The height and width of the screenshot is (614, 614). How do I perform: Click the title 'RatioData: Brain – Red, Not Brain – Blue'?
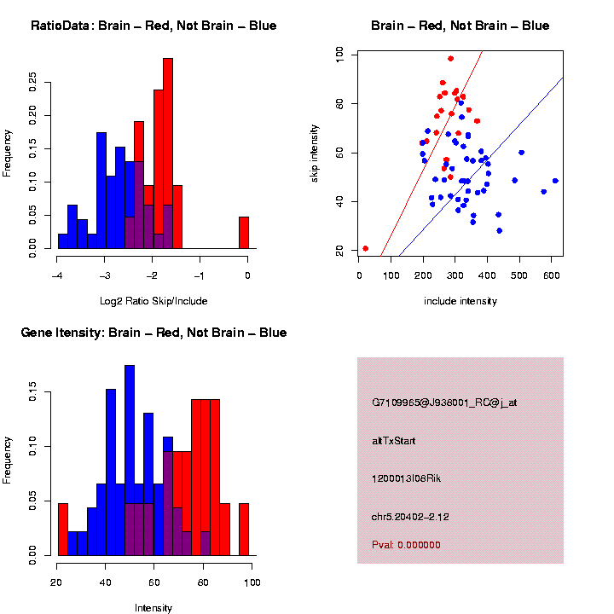click(x=153, y=26)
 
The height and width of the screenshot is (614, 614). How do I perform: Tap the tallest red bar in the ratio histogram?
click(x=168, y=153)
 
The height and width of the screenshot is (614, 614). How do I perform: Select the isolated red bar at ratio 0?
click(x=244, y=233)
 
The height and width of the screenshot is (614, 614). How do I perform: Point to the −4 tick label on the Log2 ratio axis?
click(x=57, y=275)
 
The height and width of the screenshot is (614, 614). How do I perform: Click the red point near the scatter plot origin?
click(x=366, y=248)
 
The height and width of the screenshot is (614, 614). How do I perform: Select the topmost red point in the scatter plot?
click(x=451, y=59)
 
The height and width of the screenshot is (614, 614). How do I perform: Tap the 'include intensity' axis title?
click(x=460, y=301)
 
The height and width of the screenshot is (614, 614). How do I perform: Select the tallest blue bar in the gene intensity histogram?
click(x=130, y=460)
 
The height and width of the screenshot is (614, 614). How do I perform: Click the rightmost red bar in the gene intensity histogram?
click(x=244, y=530)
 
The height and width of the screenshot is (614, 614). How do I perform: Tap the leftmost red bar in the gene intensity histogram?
click(x=62, y=530)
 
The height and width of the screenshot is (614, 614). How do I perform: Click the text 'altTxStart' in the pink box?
click(x=393, y=441)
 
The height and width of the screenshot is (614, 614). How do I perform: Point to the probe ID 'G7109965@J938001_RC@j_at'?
click(x=444, y=403)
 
